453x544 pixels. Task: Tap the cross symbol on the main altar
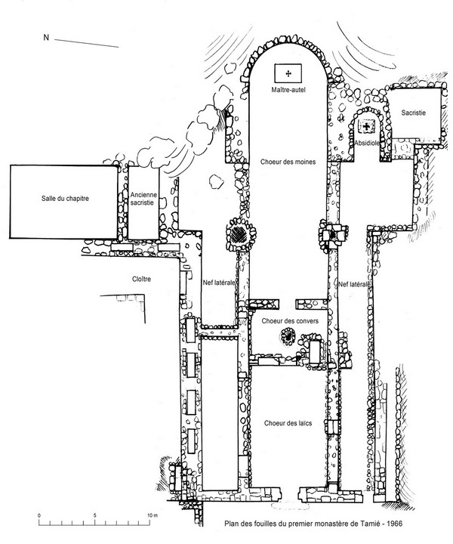click(x=288, y=73)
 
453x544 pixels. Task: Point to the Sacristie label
click(x=413, y=113)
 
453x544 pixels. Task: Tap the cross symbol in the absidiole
click(x=369, y=126)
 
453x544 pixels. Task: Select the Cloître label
click(x=141, y=279)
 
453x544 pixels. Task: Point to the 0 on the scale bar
click(x=39, y=515)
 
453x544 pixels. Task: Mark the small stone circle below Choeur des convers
click(x=287, y=338)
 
